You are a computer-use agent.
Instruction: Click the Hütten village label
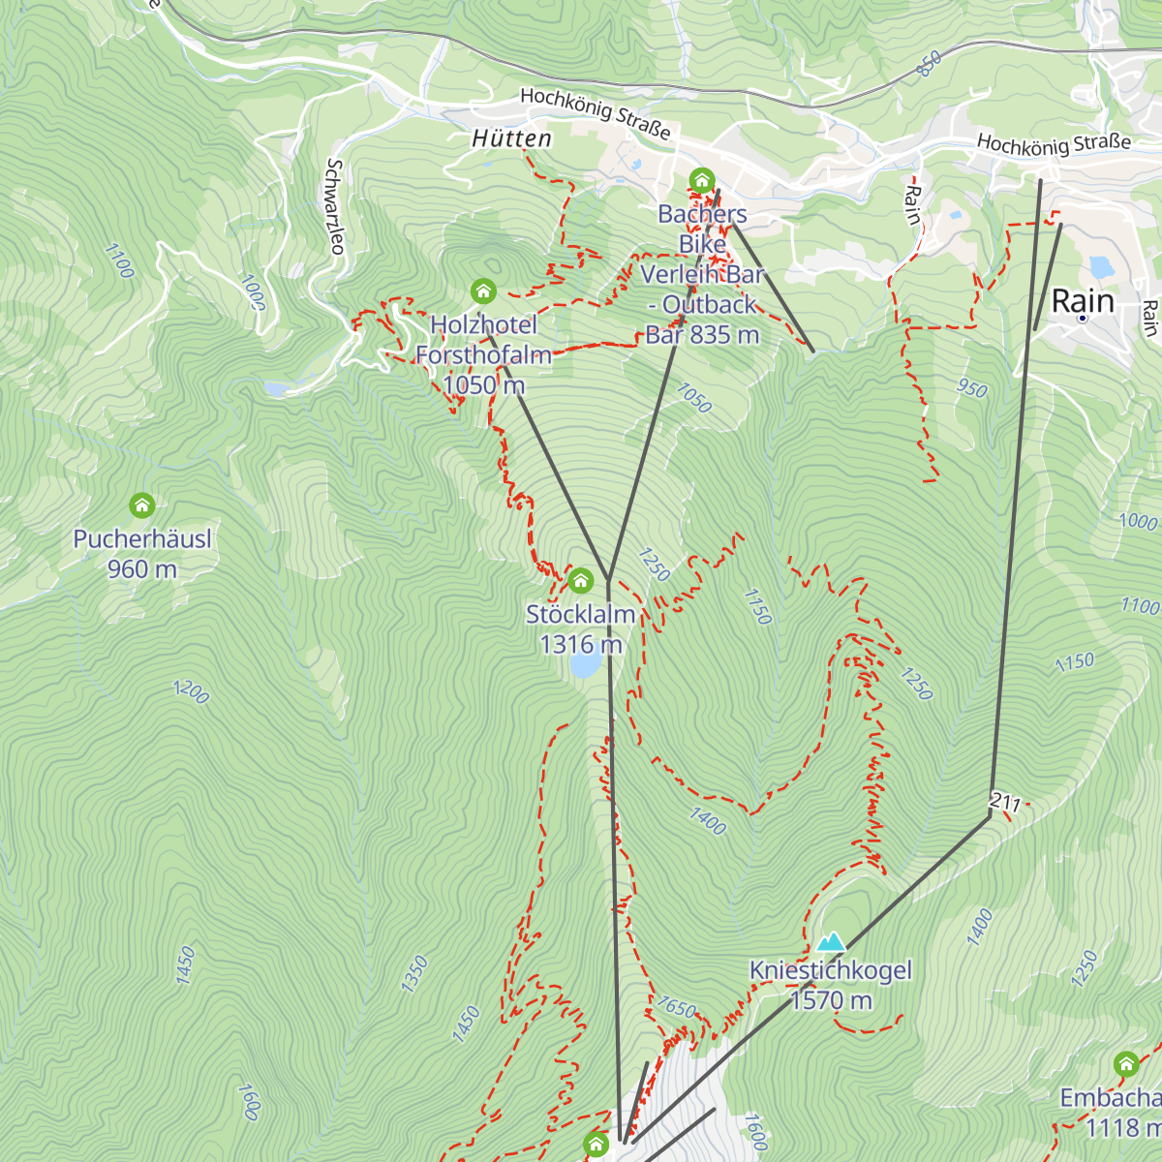tap(512, 139)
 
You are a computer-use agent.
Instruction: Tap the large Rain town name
tap(1083, 301)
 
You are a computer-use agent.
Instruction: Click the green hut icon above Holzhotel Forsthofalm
tap(483, 290)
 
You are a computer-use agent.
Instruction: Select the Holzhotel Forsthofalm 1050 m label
tap(483, 354)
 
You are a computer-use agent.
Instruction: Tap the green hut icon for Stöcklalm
tap(581, 580)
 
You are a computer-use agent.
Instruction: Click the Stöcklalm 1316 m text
tap(581, 628)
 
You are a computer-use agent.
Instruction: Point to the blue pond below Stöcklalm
tap(585, 665)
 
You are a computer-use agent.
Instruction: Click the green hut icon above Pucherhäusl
tap(142, 505)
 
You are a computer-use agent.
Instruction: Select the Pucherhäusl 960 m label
tap(142, 554)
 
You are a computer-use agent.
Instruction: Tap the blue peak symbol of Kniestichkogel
tap(831, 941)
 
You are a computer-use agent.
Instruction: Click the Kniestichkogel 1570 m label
tap(831, 985)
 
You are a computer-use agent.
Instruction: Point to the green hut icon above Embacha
tap(1125, 1064)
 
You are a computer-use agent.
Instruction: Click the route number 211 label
tap(1005, 802)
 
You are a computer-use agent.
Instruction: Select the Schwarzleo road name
tap(335, 207)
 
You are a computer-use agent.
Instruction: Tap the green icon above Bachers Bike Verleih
tap(702, 181)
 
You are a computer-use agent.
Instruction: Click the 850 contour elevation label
tap(929, 65)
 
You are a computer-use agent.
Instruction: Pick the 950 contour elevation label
tap(971, 389)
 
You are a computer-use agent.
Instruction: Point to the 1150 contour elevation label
tap(1075, 662)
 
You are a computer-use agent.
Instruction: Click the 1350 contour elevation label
tap(413, 973)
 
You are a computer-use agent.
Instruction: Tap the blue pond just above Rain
tap(1102, 266)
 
